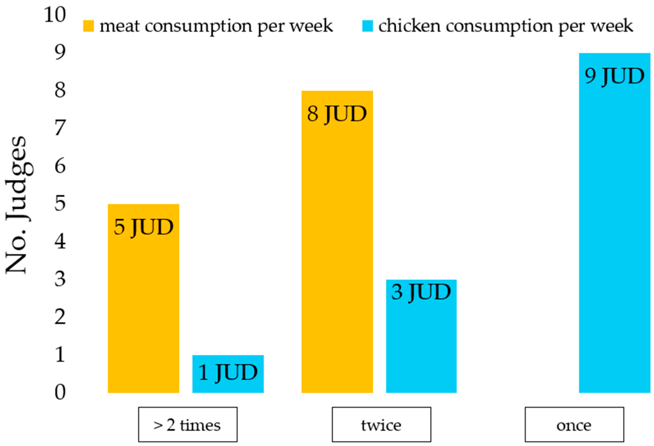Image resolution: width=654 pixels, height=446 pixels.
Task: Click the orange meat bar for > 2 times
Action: [x=144, y=310]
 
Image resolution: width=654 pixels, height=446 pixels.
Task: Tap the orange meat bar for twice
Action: [x=337, y=253]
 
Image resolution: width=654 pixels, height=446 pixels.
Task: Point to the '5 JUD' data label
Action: [x=144, y=227]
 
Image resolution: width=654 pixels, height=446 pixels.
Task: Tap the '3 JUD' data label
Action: [x=421, y=292]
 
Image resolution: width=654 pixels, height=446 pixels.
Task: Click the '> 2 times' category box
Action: [x=188, y=424]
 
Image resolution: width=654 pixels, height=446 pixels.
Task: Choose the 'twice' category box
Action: [x=381, y=424]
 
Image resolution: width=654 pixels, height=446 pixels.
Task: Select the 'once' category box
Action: [x=574, y=424]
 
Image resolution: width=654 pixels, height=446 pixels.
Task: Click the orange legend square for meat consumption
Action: [x=88, y=26]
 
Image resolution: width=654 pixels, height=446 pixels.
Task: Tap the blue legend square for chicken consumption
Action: [x=367, y=26]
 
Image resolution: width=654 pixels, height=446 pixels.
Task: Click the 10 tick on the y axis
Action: [x=55, y=15]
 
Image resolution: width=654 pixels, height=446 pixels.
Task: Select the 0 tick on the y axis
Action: [x=60, y=392]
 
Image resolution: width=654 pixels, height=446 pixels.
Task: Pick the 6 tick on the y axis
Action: [x=60, y=166]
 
